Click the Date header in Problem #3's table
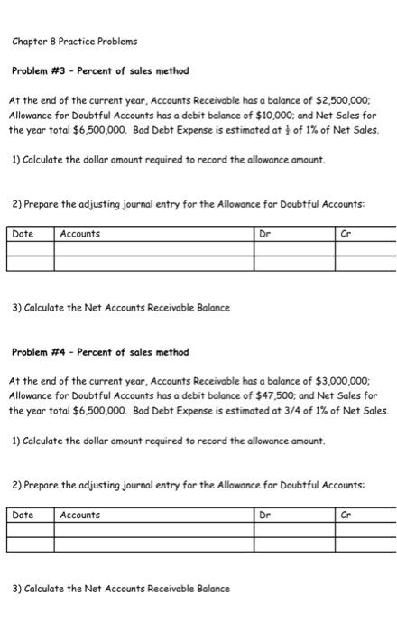point(23,234)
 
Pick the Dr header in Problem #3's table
point(264,234)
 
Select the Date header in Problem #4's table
point(23,515)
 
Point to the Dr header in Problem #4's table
point(264,515)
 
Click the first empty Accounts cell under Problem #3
point(153,250)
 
